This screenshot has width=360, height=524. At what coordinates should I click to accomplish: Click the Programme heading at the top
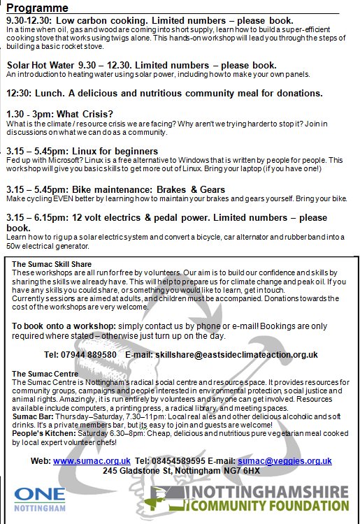pos(37,8)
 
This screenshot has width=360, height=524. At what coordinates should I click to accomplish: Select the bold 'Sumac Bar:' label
pos(31,416)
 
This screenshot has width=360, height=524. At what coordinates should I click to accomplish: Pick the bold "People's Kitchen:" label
pos(41,433)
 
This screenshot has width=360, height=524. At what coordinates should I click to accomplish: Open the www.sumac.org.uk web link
pos(92,461)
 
